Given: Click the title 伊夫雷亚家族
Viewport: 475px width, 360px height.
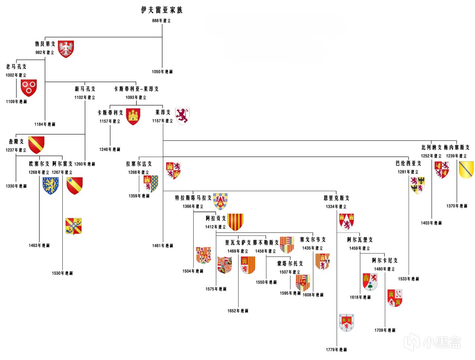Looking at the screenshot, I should (162, 10).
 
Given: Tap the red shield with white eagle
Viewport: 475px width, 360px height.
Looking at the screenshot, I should (66, 49).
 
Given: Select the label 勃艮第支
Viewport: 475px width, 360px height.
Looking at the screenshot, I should (45, 44).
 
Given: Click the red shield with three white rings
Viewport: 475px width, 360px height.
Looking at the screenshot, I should (29, 87).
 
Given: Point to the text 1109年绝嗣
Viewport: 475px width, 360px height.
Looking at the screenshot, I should (16, 102).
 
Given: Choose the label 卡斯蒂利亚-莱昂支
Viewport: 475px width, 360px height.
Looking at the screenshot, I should (136, 89).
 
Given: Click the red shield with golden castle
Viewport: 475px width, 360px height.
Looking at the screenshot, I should (133, 116).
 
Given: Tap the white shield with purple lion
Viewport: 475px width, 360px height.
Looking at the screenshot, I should (182, 116).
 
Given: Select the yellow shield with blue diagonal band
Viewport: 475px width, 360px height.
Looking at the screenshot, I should (466, 169).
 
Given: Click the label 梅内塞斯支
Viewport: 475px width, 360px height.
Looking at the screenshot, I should (456, 148).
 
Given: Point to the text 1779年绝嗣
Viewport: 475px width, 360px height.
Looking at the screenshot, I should (336, 350).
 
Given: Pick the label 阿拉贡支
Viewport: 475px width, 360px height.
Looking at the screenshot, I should (216, 218).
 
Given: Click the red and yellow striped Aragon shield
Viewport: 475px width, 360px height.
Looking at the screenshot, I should (235, 222).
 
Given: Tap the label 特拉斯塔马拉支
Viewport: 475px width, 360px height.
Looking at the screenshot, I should (193, 198).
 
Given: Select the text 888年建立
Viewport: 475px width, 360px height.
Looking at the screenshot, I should (161, 21).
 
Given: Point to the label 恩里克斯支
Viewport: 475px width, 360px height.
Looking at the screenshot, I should (336, 198).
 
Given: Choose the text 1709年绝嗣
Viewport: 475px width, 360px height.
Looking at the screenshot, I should (385, 330).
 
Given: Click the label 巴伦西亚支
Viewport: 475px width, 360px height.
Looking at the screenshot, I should (408, 164).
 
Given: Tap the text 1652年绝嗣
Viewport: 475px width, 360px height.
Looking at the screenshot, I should (238, 311).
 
